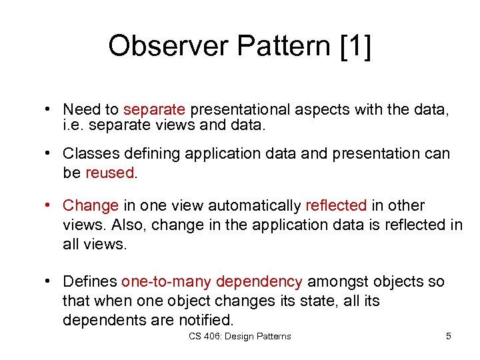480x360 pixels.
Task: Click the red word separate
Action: click(x=156, y=109)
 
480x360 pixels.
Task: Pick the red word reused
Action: click(x=110, y=173)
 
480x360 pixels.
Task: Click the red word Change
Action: click(x=91, y=205)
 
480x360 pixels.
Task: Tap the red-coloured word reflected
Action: click(x=336, y=205)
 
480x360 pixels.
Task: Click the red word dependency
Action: click(x=259, y=282)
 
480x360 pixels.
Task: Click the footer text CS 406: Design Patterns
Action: click(x=239, y=337)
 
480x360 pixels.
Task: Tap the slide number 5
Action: click(x=448, y=337)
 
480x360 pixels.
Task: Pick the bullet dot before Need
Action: click(x=50, y=109)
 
